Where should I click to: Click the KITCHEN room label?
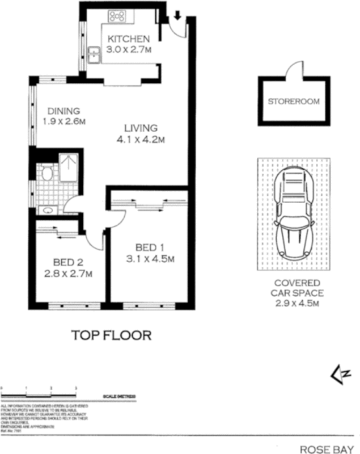point(129,39)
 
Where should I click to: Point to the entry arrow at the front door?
point(177,15)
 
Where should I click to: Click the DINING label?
point(63,111)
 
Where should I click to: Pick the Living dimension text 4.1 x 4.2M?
point(142,138)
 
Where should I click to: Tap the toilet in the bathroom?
point(45,173)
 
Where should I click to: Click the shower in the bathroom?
point(70,167)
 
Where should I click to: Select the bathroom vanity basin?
point(46,209)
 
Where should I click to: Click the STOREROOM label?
point(294,102)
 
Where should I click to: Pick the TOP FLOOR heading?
point(111,335)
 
